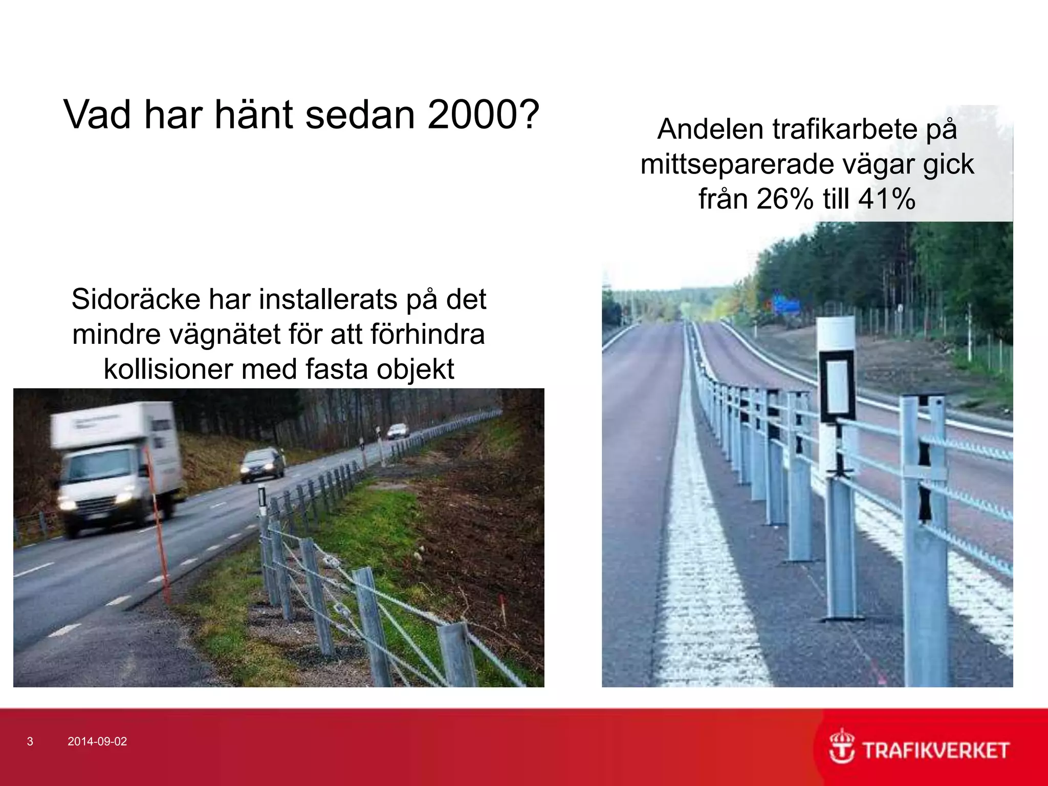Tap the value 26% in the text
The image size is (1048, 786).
[x=784, y=199]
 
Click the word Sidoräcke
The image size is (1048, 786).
[x=136, y=299]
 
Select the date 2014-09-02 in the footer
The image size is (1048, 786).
[x=97, y=741]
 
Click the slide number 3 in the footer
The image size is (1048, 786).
[x=30, y=741]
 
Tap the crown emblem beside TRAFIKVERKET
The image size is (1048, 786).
[x=841, y=747]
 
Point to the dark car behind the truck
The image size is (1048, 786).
[x=262, y=464]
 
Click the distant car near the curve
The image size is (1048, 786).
[x=398, y=431]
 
